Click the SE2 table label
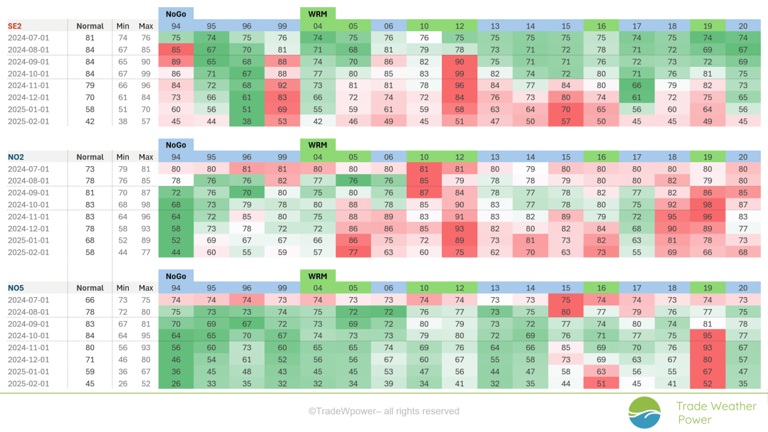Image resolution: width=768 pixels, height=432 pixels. [x=15, y=26]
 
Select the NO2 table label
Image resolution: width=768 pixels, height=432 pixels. [x=16, y=157]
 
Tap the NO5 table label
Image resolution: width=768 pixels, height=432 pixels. [x=16, y=288]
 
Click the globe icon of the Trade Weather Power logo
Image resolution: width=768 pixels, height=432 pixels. [x=644, y=412]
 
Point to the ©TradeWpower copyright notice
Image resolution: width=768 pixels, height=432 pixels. [x=384, y=411]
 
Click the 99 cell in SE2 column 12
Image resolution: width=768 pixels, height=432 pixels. [x=459, y=73]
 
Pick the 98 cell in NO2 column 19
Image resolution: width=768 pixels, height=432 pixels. [x=707, y=204]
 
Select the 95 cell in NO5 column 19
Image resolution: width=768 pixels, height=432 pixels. [x=707, y=336]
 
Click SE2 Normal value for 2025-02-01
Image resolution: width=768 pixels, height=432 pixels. [x=90, y=121]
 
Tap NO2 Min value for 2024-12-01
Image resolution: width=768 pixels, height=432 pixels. [x=123, y=229]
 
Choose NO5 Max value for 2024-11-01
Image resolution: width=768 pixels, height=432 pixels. [x=146, y=348]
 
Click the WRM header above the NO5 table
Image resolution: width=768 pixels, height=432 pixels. [x=317, y=276]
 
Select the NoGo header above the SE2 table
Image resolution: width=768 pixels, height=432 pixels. [x=176, y=14]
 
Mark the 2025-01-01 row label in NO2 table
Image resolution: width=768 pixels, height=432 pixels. [x=29, y=240]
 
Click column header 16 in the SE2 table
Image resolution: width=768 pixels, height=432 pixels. [x=601, y=26]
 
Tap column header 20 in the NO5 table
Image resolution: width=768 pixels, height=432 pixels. [x=743, y=288]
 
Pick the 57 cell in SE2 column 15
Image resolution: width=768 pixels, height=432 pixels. [x=566, y=121]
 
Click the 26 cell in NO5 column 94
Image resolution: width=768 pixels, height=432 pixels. [x=176, y=383]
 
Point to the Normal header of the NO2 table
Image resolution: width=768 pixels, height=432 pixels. [x=90, y=157]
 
